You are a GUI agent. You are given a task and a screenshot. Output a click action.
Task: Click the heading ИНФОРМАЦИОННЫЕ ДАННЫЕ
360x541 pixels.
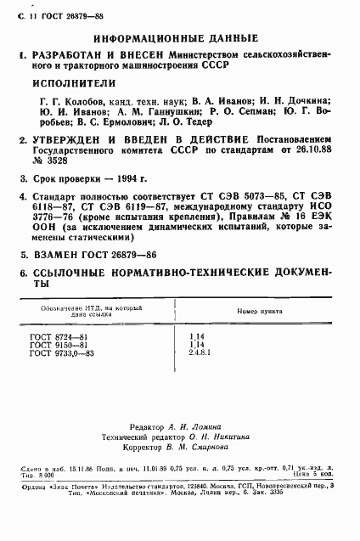(x=177, y=39)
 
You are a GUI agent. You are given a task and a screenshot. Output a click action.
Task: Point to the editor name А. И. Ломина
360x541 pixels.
(x=195, y=427)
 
